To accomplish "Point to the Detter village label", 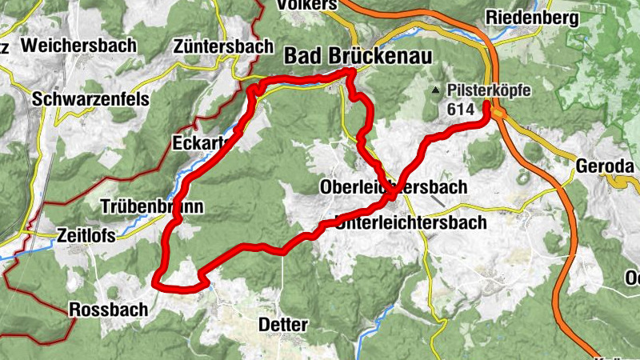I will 283,326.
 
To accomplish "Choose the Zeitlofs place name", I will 86,235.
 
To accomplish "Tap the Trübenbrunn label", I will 152,206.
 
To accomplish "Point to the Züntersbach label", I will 223,47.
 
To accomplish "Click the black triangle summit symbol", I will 435,90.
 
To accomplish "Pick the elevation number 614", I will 462,108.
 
